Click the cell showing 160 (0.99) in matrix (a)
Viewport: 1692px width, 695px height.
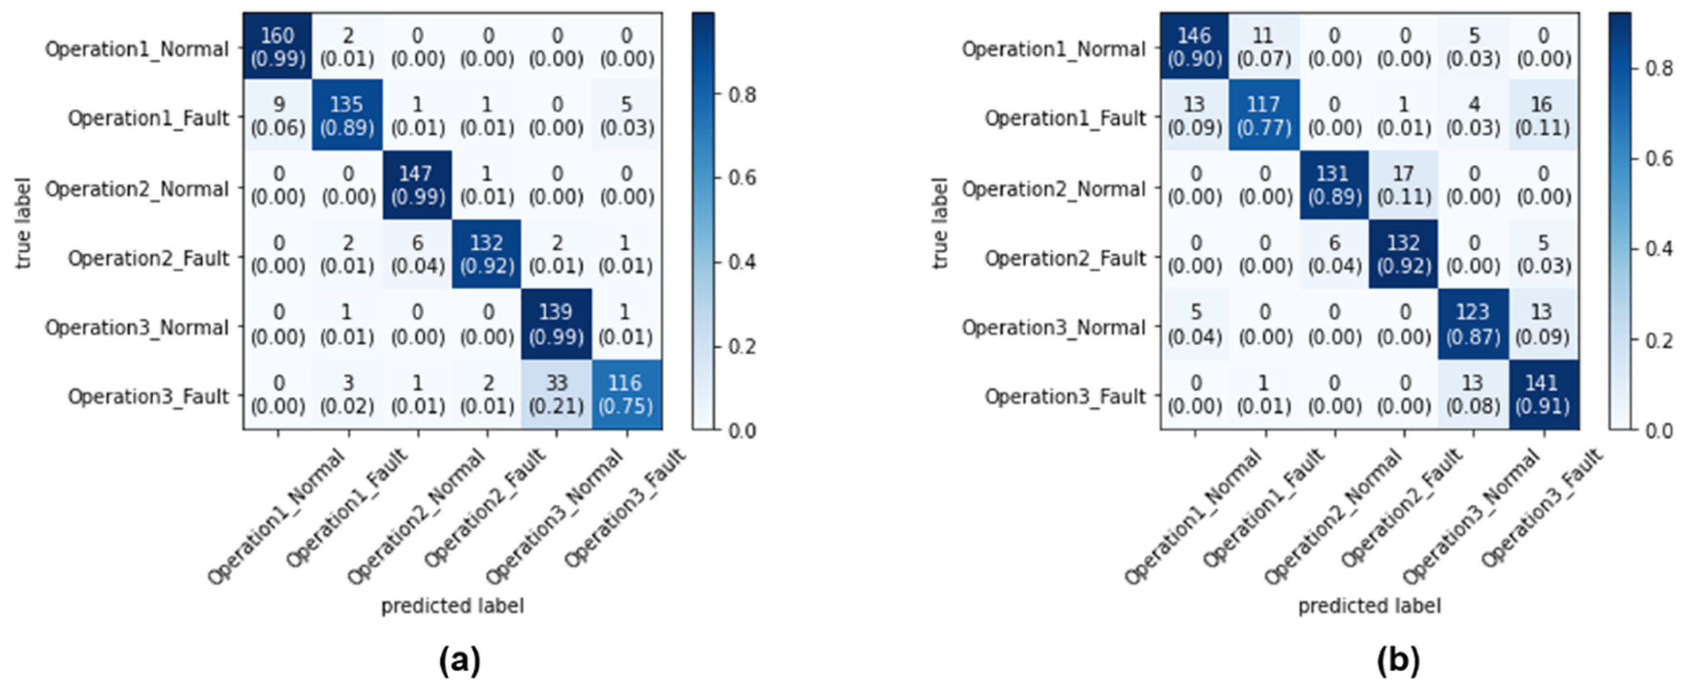pos(278,47)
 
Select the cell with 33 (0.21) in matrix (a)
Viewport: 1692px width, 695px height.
pos(556,394)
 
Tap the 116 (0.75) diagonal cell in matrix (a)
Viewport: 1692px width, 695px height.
pos(626,394)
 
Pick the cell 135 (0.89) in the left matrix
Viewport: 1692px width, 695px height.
pos(347,116)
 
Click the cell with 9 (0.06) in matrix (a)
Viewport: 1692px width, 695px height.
pos(278,116)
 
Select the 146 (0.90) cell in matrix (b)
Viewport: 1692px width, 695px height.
pos(1194,47)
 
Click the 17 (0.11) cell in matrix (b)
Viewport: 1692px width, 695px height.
pos(1403,185)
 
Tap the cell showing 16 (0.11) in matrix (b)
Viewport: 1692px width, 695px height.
pos(1542,116)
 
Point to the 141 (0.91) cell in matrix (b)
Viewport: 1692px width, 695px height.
pos(1542,394)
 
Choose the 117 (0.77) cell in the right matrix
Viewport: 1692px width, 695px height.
pos(1264,116)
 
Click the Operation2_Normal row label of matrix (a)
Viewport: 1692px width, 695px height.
pos(136,189)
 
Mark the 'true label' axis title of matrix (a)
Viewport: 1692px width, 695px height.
pos(24,223)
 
